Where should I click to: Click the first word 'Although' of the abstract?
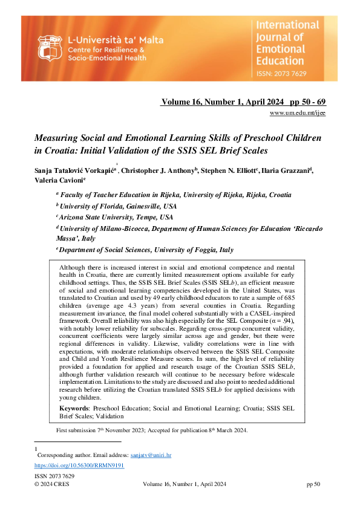[73, 267]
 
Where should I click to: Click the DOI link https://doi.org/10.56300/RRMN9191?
[71, 466]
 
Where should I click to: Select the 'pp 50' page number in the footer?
[313, 484]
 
